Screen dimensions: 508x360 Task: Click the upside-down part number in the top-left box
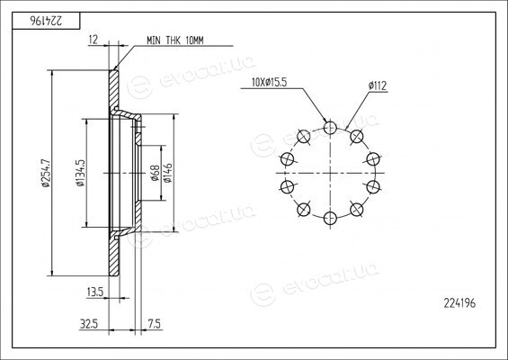pyautogui.click(x=47, y=21)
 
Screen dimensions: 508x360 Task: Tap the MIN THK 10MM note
pyautogui.click(x=175, y=40)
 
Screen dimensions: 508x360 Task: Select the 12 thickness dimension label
pyautogui.click(x=93, y=40)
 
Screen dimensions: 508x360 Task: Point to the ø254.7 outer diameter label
pyautogui.click(x=46, y=173)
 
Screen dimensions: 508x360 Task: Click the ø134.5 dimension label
pyautogui.click(x=80, y=173)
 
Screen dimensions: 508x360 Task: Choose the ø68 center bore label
pyautogui.click(x=156, y=173)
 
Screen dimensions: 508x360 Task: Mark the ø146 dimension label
pyautogui.click(x=167, y=173)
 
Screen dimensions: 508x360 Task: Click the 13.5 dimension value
pyautogui.click(x=95, y=292)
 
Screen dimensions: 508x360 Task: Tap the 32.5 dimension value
pyautogui.click(x=89, y=324)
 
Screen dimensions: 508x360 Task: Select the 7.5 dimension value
pyautogui.click(x=155, y=324)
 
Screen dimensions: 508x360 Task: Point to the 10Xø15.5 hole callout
pyautogui.click(x=269, y=83)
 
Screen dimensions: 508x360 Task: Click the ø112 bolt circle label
pyautogui.click(x=378, y=85)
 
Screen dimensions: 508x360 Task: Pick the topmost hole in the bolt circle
pyautogui.click(x=330, y=128)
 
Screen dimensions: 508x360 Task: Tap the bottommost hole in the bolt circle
pyautogui.click(x=330, y=219)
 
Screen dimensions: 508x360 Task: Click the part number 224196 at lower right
pyautogui.click(x=459, y=303)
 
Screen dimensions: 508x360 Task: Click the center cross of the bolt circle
pyautogui.click(x=330, y=173)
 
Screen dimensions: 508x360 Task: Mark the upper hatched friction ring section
pyautogui.click(x=113, y=89)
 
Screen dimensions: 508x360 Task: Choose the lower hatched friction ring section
pyautogui.click(x=113, y=256)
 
